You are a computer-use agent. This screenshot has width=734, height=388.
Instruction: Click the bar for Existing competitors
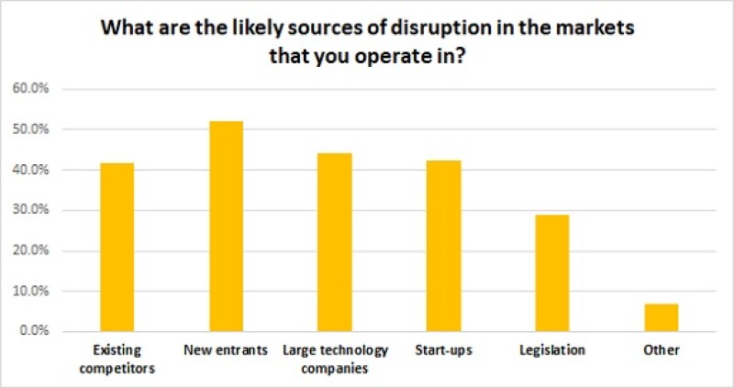[x=117, y=247]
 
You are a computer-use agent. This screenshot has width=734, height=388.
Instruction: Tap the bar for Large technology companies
[x=335, y=242]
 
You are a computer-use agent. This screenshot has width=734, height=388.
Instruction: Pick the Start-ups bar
[x=443, y=246]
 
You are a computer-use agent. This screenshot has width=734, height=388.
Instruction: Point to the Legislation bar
[x=552, y=272]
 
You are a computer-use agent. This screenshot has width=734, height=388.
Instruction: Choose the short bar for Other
[x=661, y=317]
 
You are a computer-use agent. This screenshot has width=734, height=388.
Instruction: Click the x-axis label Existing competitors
[x=117, y=360]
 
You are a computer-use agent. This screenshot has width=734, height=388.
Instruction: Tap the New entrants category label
[x=226, y=351]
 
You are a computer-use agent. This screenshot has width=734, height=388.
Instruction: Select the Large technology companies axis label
[x=335, y=360]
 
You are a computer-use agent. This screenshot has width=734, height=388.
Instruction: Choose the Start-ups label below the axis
[x=443, y=351]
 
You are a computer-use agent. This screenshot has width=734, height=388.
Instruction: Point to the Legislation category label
[x=552, y=351]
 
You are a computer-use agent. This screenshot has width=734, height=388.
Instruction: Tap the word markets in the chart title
[x=599, y=28]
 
